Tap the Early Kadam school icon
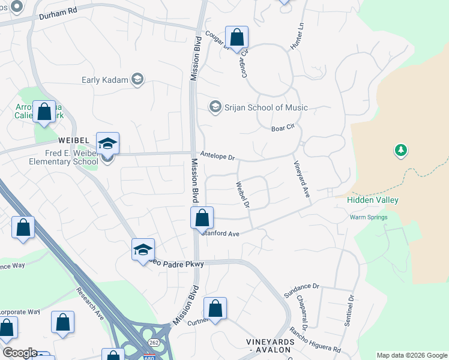click(137, 79)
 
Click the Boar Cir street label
click(283, 128)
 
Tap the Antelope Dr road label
click(217, 156)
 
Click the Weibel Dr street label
click(243, 195)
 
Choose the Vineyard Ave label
click(301, 180)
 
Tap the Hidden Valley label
click(373, 200)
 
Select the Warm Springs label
click(369, 217)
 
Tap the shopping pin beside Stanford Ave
click(202, 218)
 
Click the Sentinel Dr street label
click(349, 310)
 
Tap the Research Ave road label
click(90, 304)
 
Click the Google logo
click(19, 353)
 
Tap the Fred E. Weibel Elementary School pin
click(108, 145)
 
